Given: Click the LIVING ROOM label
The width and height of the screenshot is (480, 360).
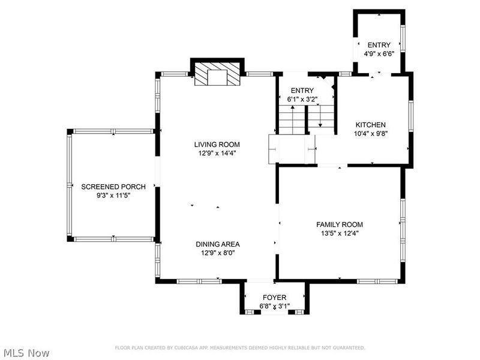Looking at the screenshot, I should [217, 144].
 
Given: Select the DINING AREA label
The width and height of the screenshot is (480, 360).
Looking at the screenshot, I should [217, 244].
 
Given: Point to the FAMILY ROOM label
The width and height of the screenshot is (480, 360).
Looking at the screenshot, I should [340, 224].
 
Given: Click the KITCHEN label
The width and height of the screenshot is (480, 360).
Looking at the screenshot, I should [370, 124].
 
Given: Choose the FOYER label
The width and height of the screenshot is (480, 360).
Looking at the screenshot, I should [275, 297].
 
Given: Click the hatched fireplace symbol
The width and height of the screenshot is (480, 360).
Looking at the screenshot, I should [217, 76].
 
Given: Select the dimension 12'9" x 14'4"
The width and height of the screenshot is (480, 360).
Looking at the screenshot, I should [217, 153].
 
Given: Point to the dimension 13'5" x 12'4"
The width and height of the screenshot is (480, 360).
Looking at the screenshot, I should [340, 233].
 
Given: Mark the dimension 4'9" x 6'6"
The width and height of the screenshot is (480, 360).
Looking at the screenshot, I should [379, 53].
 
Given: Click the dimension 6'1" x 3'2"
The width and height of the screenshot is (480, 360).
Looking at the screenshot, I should [302, 99].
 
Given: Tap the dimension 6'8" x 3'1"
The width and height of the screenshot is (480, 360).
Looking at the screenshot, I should [275, 306].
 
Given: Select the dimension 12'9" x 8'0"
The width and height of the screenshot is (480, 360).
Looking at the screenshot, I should [217, 253].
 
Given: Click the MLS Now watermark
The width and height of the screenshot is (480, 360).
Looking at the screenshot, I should [26, 352].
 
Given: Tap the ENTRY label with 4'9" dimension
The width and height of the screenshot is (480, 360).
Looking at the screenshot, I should [379, 45].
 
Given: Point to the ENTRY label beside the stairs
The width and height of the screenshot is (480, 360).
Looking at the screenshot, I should [302, 91].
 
